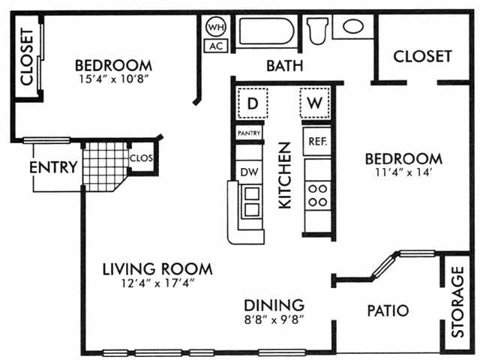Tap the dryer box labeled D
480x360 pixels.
point(253,103)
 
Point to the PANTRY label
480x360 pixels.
point(248,133)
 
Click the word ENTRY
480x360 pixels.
point(52,167)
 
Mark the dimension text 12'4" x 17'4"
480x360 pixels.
point(157,284)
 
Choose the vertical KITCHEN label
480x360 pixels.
point(285,175)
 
